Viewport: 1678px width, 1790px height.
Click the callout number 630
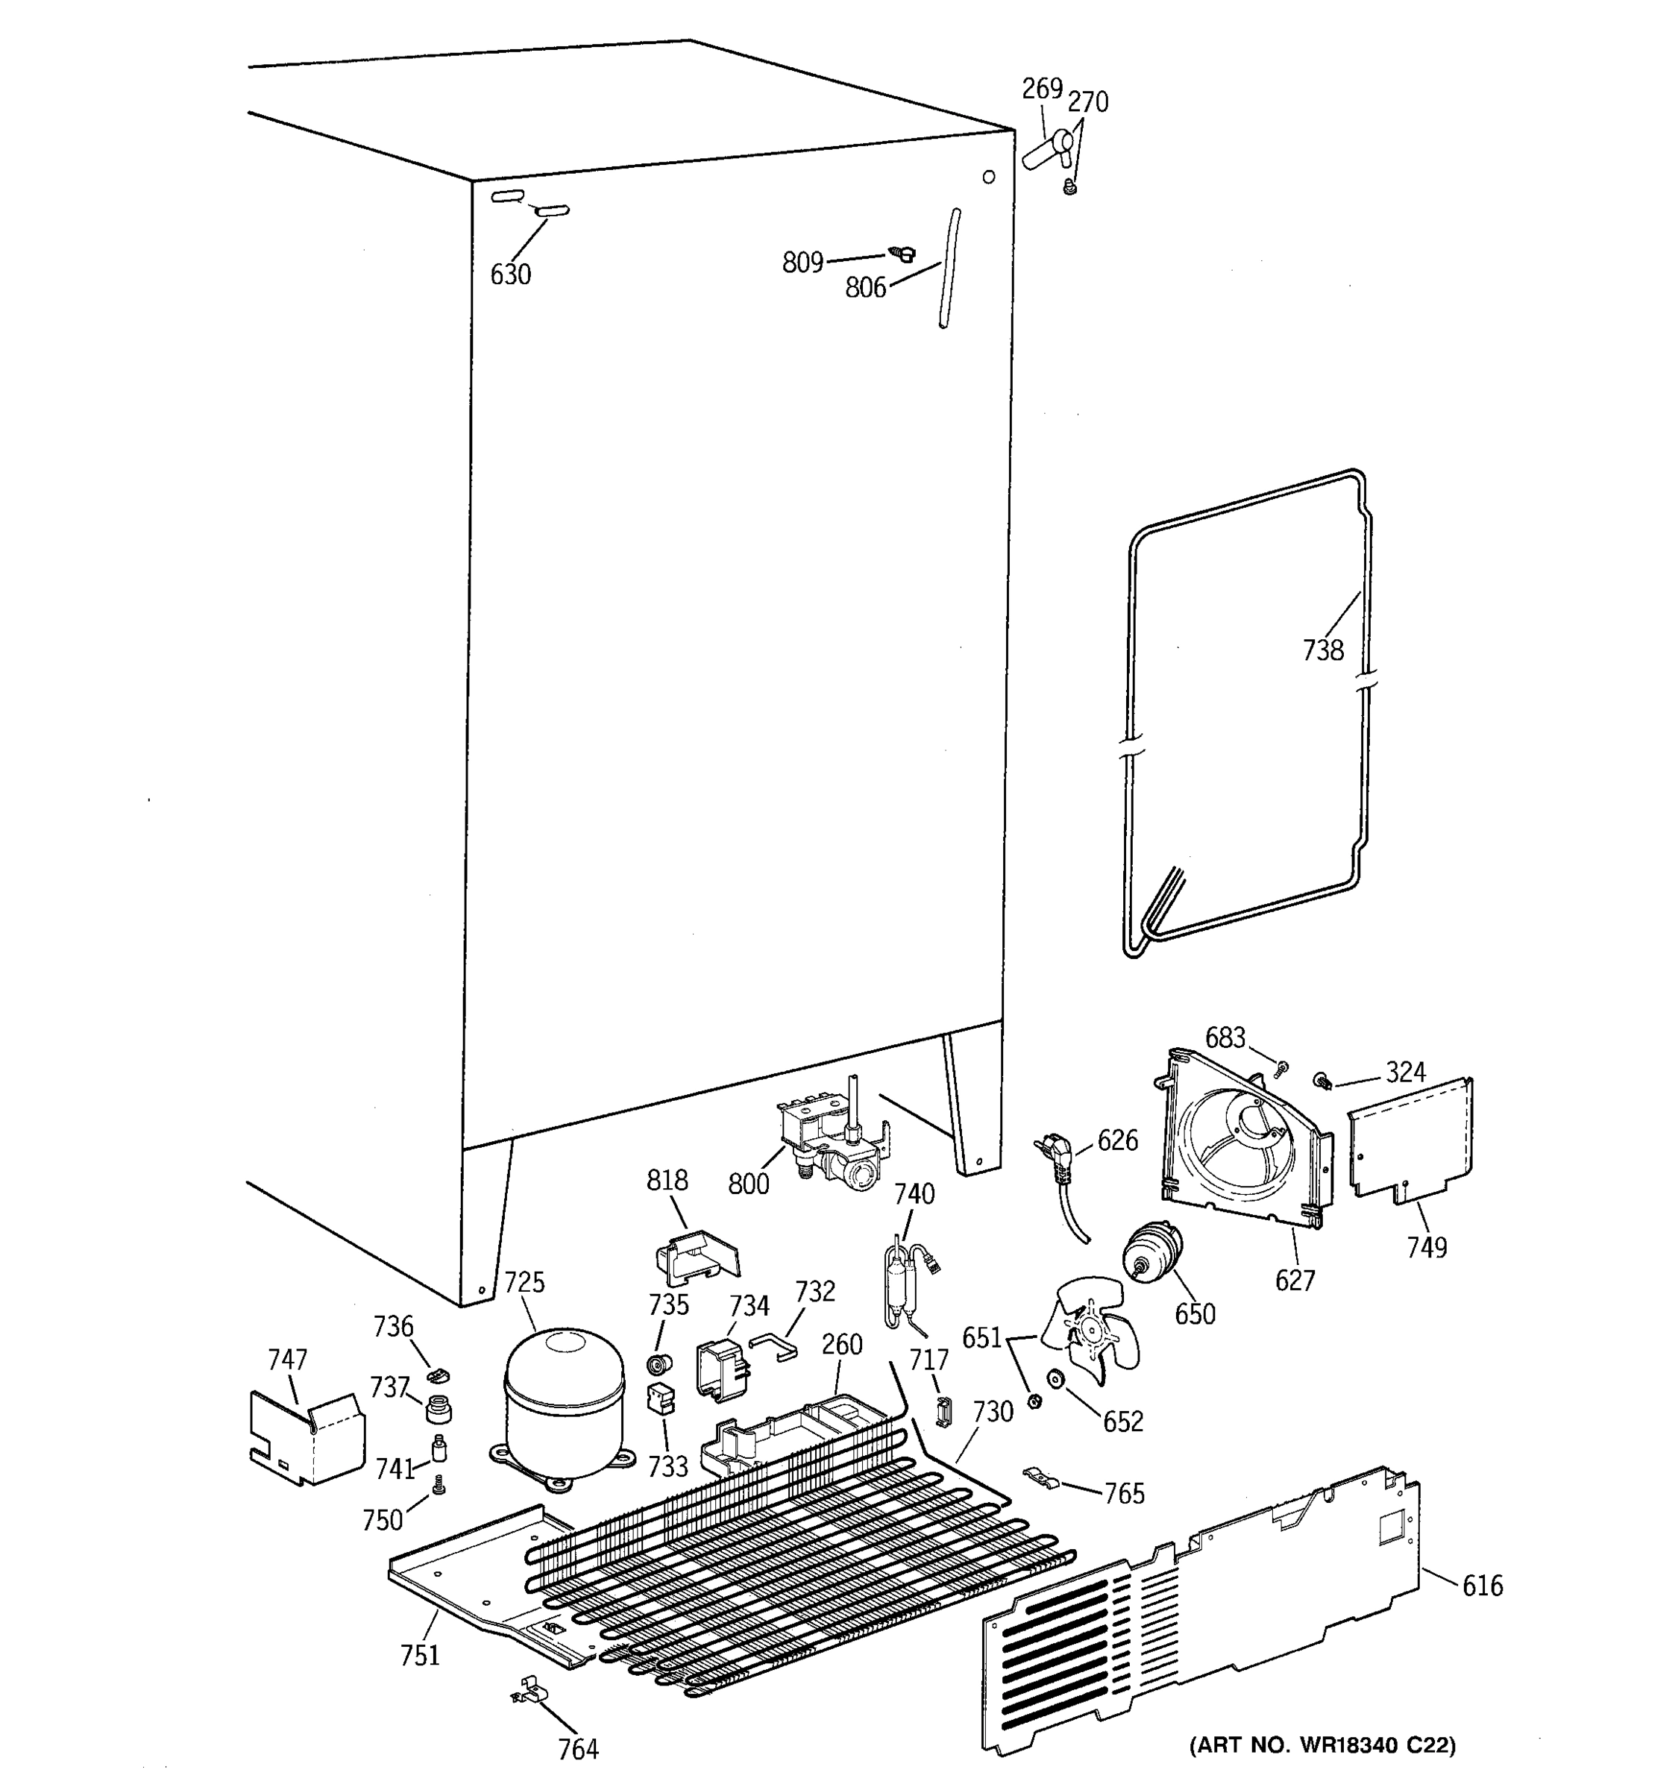(510, 274)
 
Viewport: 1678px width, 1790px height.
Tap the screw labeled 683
(1283, 1067)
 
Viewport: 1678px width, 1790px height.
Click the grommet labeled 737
(438, 1407)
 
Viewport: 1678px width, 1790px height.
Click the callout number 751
(419, 1654)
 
